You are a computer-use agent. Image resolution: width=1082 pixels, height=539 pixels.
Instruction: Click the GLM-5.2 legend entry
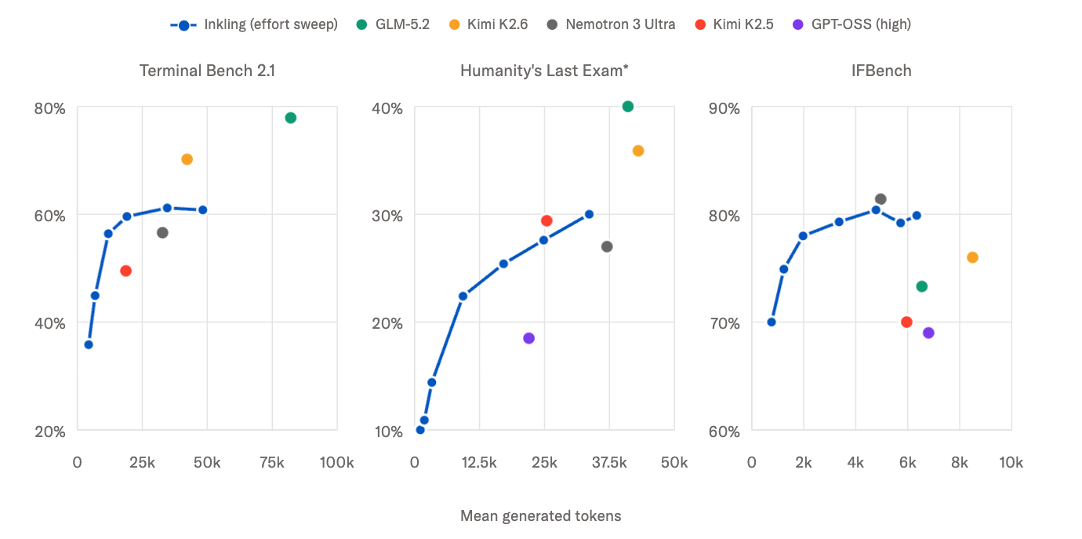(x=393, y=24)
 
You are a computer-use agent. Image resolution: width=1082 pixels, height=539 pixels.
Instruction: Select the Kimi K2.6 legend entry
(x=488, y=24)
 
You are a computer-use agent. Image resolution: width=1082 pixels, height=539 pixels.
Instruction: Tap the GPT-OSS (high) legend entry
(x=852, y=24)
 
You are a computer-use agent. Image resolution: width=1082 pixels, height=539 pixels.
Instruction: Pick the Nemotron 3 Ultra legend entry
(x=611, y=24)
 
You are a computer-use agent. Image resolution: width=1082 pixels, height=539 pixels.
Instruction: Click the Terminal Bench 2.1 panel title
(x=207, y=71)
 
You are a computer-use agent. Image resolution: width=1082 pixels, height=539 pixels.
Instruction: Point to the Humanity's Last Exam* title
(x=544, y=71)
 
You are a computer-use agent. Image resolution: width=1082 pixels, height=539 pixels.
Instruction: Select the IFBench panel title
(x=881, y=71)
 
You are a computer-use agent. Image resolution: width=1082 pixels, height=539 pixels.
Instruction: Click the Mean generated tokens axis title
(x=540, y=515)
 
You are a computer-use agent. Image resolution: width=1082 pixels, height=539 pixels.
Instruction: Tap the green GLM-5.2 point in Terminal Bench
(x=290, y=118)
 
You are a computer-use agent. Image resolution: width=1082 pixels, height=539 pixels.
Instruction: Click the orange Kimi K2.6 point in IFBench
(x=972, y=257)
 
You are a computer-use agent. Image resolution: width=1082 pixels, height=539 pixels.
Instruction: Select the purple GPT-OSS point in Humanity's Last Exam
(x=529, y=338)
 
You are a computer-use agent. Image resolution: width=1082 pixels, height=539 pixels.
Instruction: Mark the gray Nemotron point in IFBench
(x=880, y=199)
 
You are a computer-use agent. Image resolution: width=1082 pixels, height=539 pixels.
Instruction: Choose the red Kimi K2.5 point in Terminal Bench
(x=125, y=271)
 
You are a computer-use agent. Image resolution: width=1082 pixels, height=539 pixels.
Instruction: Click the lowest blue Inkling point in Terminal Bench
(x=89, y=344)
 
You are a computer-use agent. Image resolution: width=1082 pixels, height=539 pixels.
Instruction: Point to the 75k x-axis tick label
(x=272, y=463)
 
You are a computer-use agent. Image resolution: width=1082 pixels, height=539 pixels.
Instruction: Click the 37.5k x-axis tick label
(x=609, y=463)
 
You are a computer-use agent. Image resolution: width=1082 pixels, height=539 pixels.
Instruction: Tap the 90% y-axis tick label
(x=724, y=108)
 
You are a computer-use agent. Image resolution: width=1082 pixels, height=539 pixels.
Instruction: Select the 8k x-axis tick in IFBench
(x=960, y=463)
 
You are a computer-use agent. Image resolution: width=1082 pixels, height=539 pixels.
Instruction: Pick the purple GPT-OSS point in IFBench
(x=928, y=333)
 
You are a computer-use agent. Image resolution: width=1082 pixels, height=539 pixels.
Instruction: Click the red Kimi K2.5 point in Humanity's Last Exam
(x=546, y=221)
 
